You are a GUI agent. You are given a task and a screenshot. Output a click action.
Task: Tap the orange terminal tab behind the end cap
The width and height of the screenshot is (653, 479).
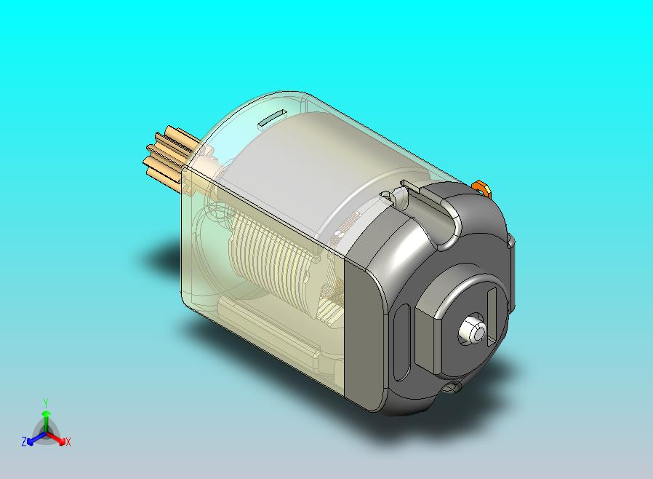pos(481,189)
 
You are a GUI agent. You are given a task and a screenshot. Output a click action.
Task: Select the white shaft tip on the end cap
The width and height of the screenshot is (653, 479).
pos(472,330)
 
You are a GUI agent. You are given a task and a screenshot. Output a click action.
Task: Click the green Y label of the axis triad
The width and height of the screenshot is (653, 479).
pos(46,403)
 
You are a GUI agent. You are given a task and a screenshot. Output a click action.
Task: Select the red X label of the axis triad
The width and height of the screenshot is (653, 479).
pos(68,442)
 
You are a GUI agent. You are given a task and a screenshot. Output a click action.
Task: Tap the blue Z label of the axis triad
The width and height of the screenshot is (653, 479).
pos(24,441)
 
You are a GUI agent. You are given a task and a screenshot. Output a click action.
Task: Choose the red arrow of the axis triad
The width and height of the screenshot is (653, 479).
pos(58,438)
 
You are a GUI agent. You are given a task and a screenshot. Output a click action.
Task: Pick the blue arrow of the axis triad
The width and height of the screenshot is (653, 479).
pos(33,438)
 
